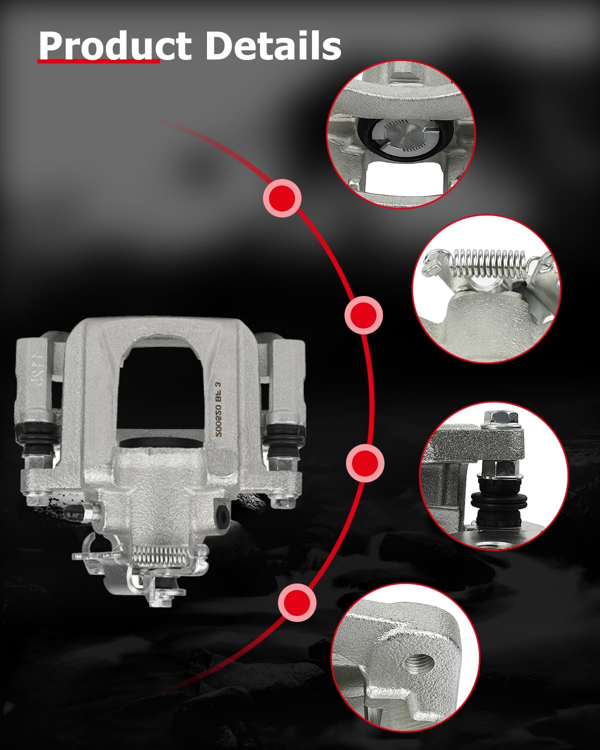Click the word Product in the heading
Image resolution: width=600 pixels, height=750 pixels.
coord(114,46)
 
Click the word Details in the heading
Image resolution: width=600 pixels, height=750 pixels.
coord(273,46)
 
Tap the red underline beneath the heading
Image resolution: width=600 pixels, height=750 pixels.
coord(98,61)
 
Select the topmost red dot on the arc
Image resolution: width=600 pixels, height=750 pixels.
coord(282,197)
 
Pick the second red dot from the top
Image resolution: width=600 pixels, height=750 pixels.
coord(363,315)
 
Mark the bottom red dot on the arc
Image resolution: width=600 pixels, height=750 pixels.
coord(297,602)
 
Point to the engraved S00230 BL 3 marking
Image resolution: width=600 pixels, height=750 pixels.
coord(218,409)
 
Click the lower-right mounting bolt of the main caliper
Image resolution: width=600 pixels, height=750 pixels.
coord(278,500)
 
